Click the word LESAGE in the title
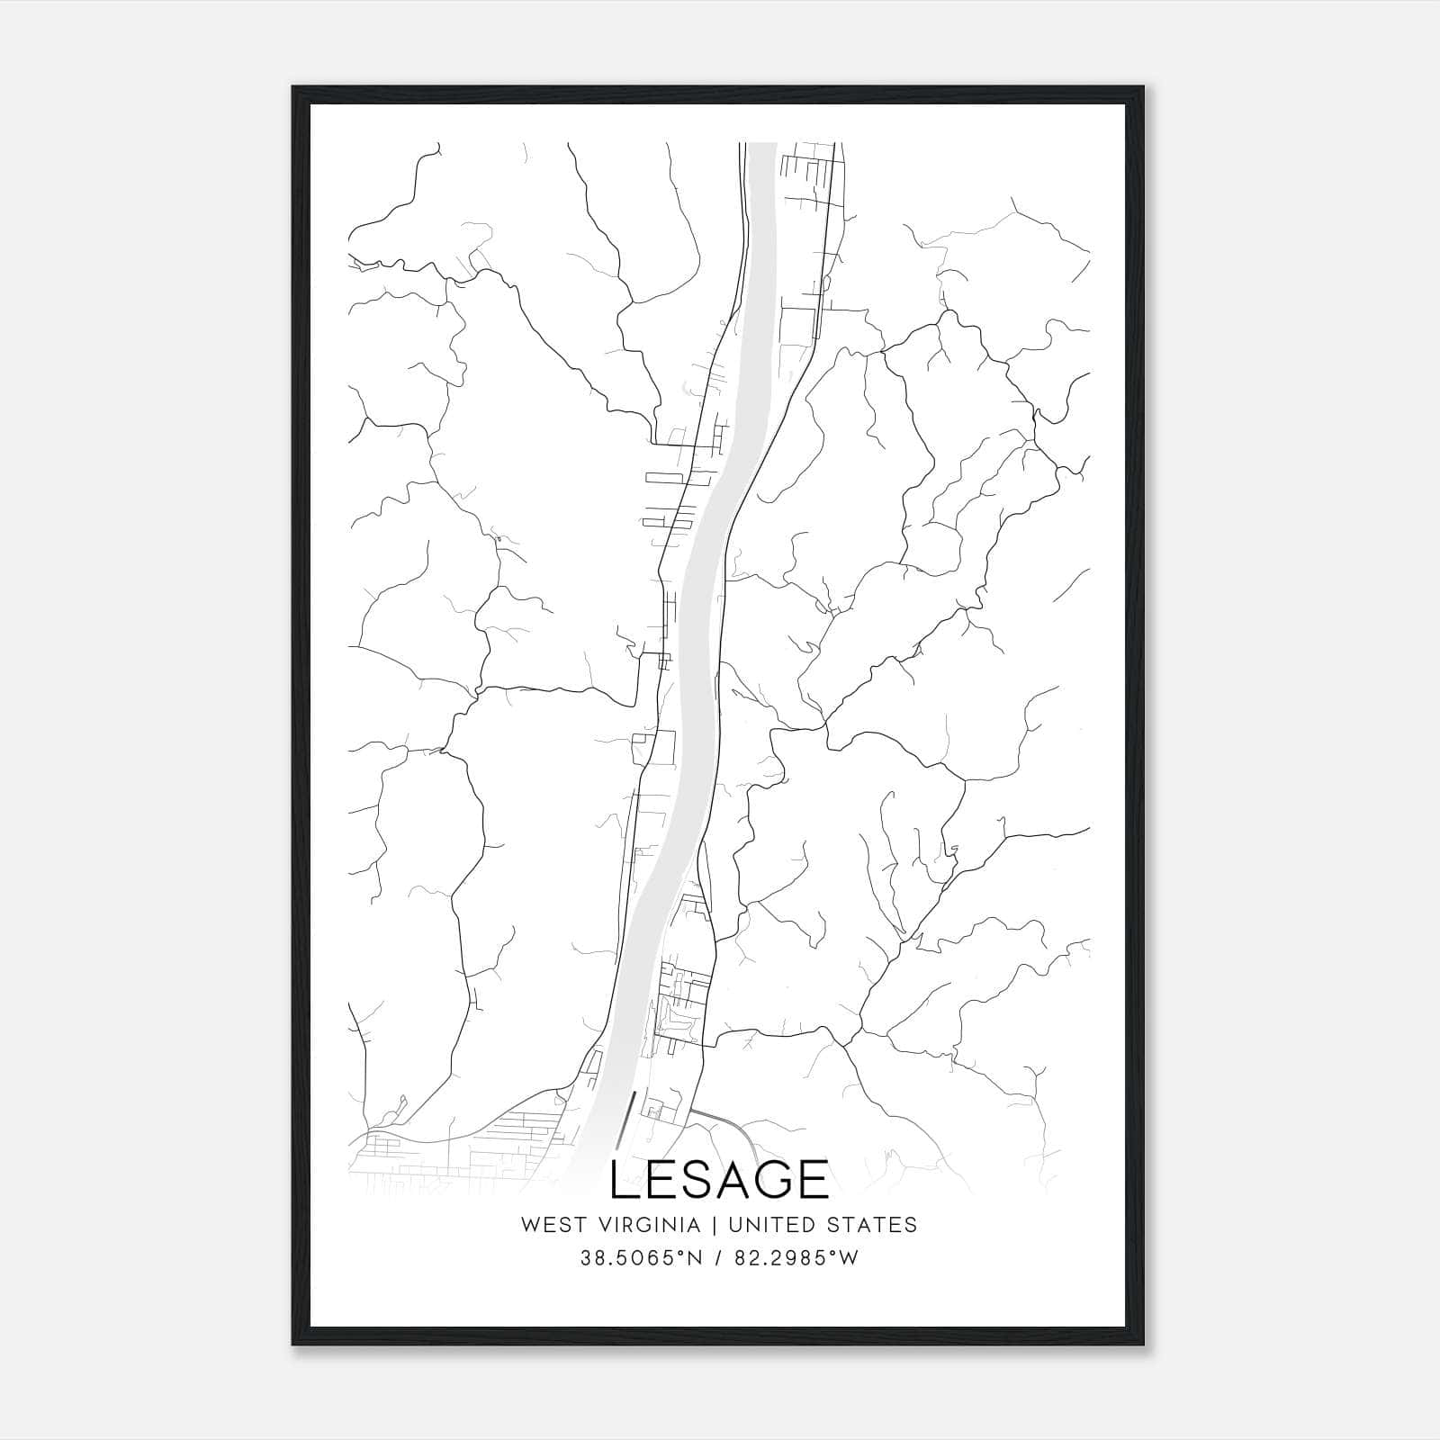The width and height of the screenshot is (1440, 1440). pos(719,1180)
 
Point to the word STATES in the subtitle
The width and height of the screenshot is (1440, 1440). pos(878,1225)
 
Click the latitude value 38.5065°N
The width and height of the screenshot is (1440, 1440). pos(641,1258)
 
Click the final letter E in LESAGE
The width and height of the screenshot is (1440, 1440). pos(812,1180)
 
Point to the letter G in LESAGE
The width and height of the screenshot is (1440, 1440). pos(771,1180)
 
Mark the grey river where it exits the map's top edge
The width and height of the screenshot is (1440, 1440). pos(763,146)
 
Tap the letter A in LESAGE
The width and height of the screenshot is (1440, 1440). pos(730,1180)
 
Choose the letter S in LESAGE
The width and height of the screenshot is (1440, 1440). pos(695,1180)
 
